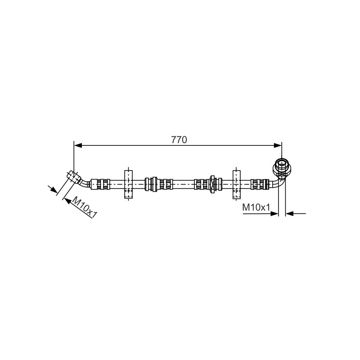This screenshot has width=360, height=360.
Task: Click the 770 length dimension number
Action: pyautogui.click(x=179, y=139)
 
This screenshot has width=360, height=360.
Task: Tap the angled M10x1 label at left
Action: pyautogui.click(x=85, y=208)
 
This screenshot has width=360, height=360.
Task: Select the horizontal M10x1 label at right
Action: pyautogui.click(x=256, y=207)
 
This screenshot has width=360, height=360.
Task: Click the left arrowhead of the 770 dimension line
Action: pyautogui.click(x=78, y=145)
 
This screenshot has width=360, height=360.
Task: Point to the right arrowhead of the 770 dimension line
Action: pyautogui.click(x=278, y=145)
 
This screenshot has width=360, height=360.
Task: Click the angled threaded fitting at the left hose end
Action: pyautogui.click(x=74, y=177)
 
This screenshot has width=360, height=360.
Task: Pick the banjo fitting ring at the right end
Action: pyautogui.click(x=282, y=166)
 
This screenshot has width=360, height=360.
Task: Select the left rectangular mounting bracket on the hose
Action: pyautogui.click(x=128, y=184)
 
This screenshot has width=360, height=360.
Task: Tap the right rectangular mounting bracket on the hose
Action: pyautogui.click(x=237, y=184)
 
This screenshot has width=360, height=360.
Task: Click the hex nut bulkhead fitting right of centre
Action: pyautogui.click(x=212, y=184)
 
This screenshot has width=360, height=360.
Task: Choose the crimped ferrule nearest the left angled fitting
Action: pyautogui.click(x=100, y=184)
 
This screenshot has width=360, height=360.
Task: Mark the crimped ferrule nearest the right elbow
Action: pyautogui.click(x=260, y=184)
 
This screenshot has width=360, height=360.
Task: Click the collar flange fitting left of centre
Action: pyautogui.click(x=154, y=184)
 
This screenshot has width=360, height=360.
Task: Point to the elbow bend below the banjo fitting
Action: pyautogui.click(x=279, y=183)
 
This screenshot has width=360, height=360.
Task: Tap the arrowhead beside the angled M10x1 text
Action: pyautogui.click(x=68, y=201)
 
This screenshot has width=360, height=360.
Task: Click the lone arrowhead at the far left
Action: pyautogui.click(x=54, y=189)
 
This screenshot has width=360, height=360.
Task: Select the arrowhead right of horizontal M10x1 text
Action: pyautogui.click(x=274, y=213)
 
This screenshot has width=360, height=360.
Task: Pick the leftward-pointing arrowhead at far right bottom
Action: pyautogui.click(x=289, y=213)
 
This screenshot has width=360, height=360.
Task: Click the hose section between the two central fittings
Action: pyautogui.click(x=184, y=184)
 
